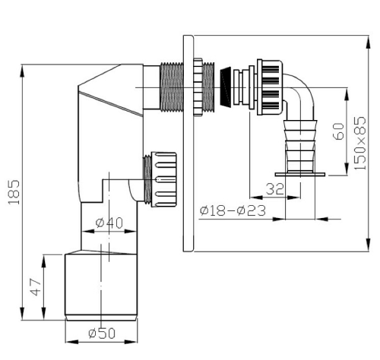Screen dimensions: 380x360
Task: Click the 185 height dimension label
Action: [x=14, y=192]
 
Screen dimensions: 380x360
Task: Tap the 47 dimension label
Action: [x=36, y=287]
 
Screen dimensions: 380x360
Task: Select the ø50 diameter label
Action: [x=102, y=333]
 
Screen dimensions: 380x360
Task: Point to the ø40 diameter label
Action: [x=109, y=223]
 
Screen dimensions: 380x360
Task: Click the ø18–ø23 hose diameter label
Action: [x=233, y=210]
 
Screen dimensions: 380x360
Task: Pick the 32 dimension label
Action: [x=274, y=189]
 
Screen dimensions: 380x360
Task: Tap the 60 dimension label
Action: [x=339, y=131]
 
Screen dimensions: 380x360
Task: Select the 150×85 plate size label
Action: [x=360, y=143]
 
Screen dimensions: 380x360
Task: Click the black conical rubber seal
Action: [x=226, y=87]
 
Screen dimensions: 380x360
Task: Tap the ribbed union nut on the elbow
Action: [x=270, y=87]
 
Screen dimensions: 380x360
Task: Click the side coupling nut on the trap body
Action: [x=163, y=179]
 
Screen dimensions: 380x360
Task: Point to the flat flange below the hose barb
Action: [x=300, y=175]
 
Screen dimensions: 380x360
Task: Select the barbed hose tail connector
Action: [x=300, y=146]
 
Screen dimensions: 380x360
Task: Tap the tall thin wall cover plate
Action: [x=188, y=144]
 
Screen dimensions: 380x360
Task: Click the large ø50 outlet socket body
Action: [x=101, y=286]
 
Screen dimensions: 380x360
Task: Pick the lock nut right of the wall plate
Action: [x=198, y=87]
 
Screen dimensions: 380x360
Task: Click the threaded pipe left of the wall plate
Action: [x=172, y=87]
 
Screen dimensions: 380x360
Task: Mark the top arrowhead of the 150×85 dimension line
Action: [x=369, y=43]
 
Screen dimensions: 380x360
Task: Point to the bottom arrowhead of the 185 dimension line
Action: [x=22, y=314]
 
